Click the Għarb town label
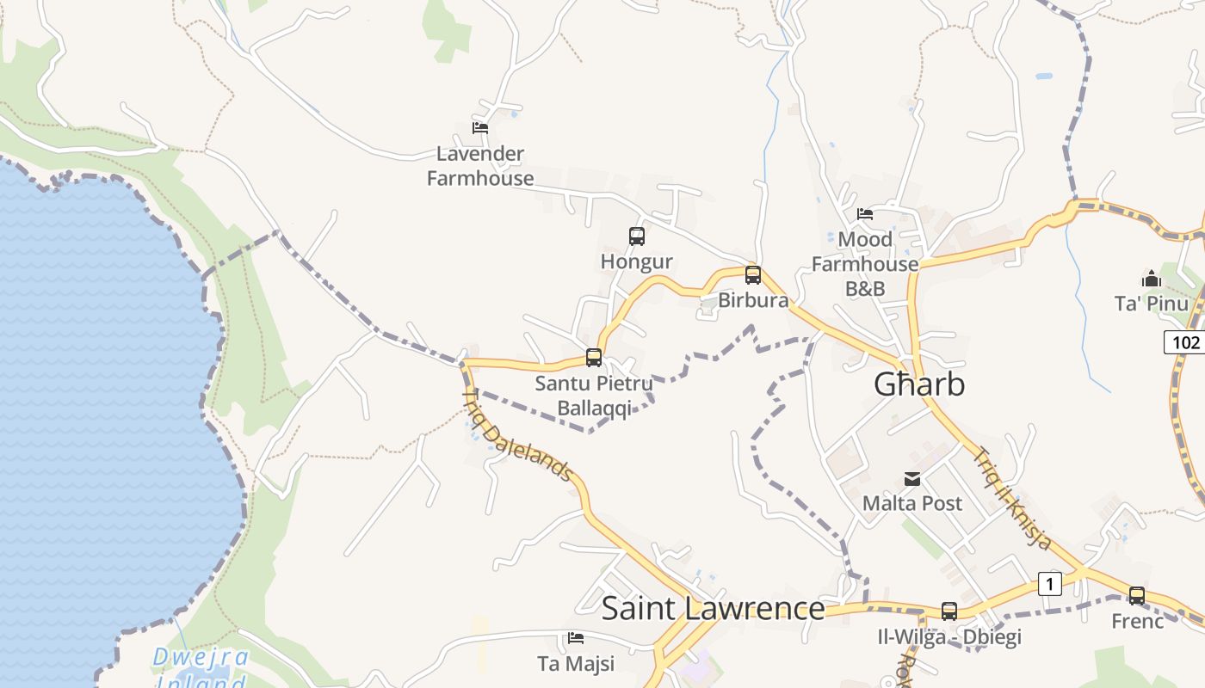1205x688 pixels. pyautogui.click(x=919, y=384)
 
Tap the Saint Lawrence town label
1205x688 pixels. pyautogui.click(x=713, y=608)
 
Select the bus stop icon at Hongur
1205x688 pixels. pyautogui.click(x=637, y=236)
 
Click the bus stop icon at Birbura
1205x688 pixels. pyautogui.click(x=753, y=275)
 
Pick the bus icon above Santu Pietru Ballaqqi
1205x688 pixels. pyautogui.click(x=594, y=358)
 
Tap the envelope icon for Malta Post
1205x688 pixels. pyautogui.click(x=912, y=479)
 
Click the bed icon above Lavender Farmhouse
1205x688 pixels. pyautogui.click(x=480, y=128)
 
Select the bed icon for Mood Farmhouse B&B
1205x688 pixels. pyautogui.click(x=865, y=214)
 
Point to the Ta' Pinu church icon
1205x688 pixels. pyautogui.click(x=1152, y=279)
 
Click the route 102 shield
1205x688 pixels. pyautogui.click(x=1185, y=342)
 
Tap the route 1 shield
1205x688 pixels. pyautogui.click(x=1049, y=584)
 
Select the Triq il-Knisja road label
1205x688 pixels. pyautogui.click(x=1012, y=498)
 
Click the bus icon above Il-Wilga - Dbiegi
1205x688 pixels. pyautogui.click(x=949, y=611)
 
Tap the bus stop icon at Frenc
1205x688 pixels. pyautogui.click(x=1137, y=595)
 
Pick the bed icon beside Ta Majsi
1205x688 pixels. pyautogui.click(x=576, y=638)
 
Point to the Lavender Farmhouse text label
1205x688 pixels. pyautogui.click(x=480, y=166)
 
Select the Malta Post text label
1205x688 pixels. pyautogui.click(x=912, y=503)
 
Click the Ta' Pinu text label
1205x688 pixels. pyautogui.click(x=1151, y=304)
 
